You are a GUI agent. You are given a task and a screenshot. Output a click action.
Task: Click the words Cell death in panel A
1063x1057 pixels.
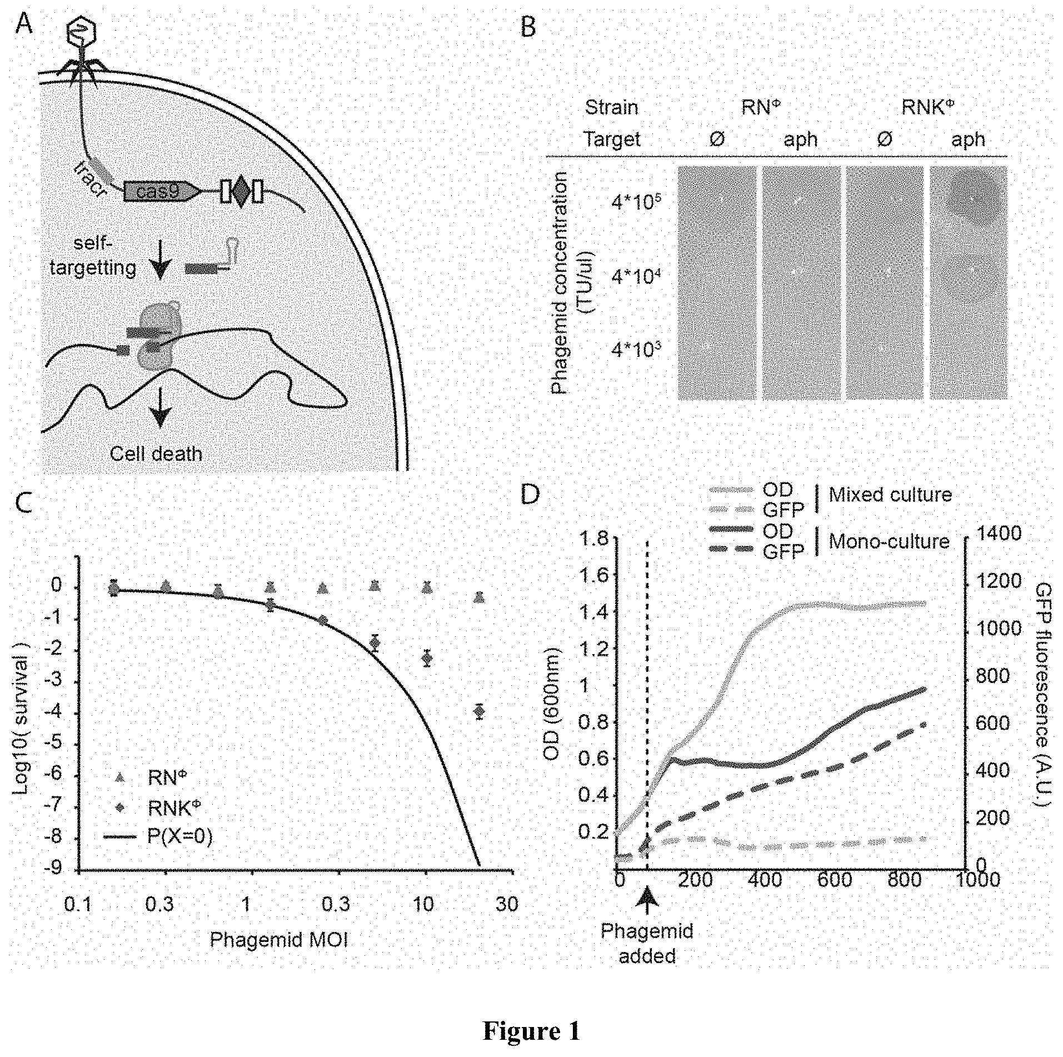pos(156,454)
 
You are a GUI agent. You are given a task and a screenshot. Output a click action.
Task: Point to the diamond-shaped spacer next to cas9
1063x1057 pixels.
pos(240,192)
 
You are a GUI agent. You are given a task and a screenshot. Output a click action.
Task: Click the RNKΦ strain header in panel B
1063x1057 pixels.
pos(927,107)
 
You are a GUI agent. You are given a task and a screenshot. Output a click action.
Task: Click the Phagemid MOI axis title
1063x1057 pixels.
pos(279,939)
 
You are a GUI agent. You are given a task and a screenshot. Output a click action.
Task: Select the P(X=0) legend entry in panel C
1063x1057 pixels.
pos(179,836)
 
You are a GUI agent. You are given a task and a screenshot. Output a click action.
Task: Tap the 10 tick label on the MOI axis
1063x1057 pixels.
pos(423,904)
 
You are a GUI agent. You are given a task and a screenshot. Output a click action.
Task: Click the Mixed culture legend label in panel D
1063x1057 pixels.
pos(890,495)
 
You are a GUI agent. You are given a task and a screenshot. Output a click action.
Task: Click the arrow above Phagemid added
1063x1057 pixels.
pos(647,901)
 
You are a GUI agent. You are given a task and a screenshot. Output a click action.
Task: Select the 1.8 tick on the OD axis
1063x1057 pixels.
pos(594,539)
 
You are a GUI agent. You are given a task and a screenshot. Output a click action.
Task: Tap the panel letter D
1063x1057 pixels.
pos(530,494)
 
